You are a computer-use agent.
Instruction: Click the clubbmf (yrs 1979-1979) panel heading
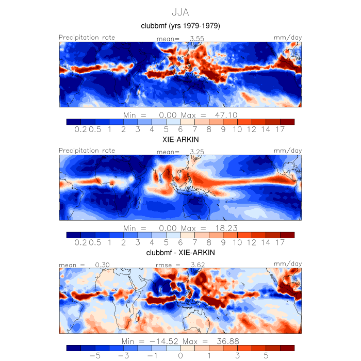click(180, 26)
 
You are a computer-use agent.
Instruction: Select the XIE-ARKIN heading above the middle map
click(180, 139)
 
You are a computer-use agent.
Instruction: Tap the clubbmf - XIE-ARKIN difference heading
click(180, 253)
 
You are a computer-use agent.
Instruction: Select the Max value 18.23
click(227, 228)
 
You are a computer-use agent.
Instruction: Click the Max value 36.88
click(227, 341)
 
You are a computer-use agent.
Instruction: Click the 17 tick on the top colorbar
click(281, 129)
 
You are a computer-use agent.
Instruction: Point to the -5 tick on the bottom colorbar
click(94, 356)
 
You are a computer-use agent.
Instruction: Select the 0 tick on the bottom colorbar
click(180, 356)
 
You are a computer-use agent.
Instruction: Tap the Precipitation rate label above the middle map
click(87, 151)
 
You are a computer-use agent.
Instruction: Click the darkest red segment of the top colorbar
click(287, 122)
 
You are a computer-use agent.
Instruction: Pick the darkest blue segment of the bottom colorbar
click(74, 348)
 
